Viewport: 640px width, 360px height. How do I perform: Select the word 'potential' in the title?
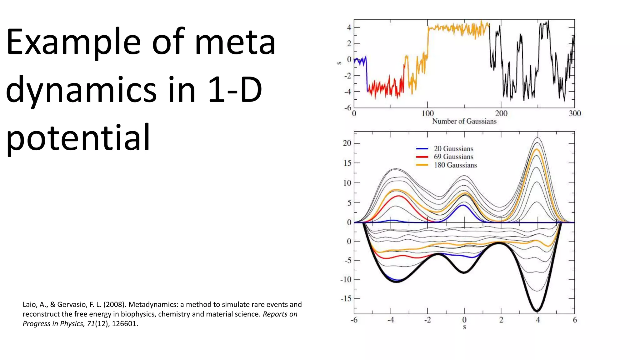pyautogui.click(x=78, y=138)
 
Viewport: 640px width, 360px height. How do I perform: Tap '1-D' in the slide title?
pyautogui.click(x=235, y=90)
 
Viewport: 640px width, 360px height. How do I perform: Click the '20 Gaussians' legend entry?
pyautogui.click(x=453, y=149)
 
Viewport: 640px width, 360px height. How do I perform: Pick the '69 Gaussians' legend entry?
pyautogui.click(x=453, y=157)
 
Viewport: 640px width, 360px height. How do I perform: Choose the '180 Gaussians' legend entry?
pyautogui.click(x=455, y=165)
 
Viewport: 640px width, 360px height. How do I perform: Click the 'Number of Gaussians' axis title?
pyautogui.click(x=464, y=121)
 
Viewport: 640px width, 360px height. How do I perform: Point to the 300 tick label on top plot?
pyautogui.click(x=575, y=113)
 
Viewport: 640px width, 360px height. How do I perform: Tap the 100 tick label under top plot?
pyautogui.click(x=427, y=113)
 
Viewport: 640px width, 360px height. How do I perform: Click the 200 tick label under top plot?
pyautogui.click(x=501, y=113)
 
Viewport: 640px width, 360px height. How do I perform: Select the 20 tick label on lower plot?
pyautogui.click(x=347, y=143)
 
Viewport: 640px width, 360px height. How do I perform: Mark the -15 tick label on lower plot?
pyautogui.click(x=346, y=299)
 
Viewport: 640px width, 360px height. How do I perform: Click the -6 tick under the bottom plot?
pyautogui.click(x=354, y=320)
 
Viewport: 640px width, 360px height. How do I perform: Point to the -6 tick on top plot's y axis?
pyautogui.click(x=348, y=108)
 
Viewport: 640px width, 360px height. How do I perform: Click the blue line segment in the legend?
pyautogui.click(x=422, y=149)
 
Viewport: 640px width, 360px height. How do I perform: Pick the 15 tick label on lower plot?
pyautogui.click(x=347, y=163)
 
